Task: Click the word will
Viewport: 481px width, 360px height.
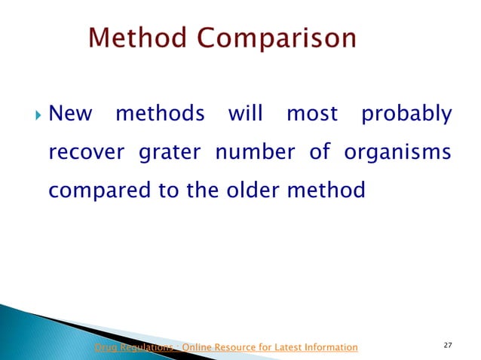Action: point(244,114)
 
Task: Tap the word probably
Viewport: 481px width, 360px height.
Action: point(406,116)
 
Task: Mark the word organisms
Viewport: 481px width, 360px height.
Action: point(397,154)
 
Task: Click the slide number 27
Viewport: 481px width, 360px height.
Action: point(448,345)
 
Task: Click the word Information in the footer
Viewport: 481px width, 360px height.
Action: point(325,347)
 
